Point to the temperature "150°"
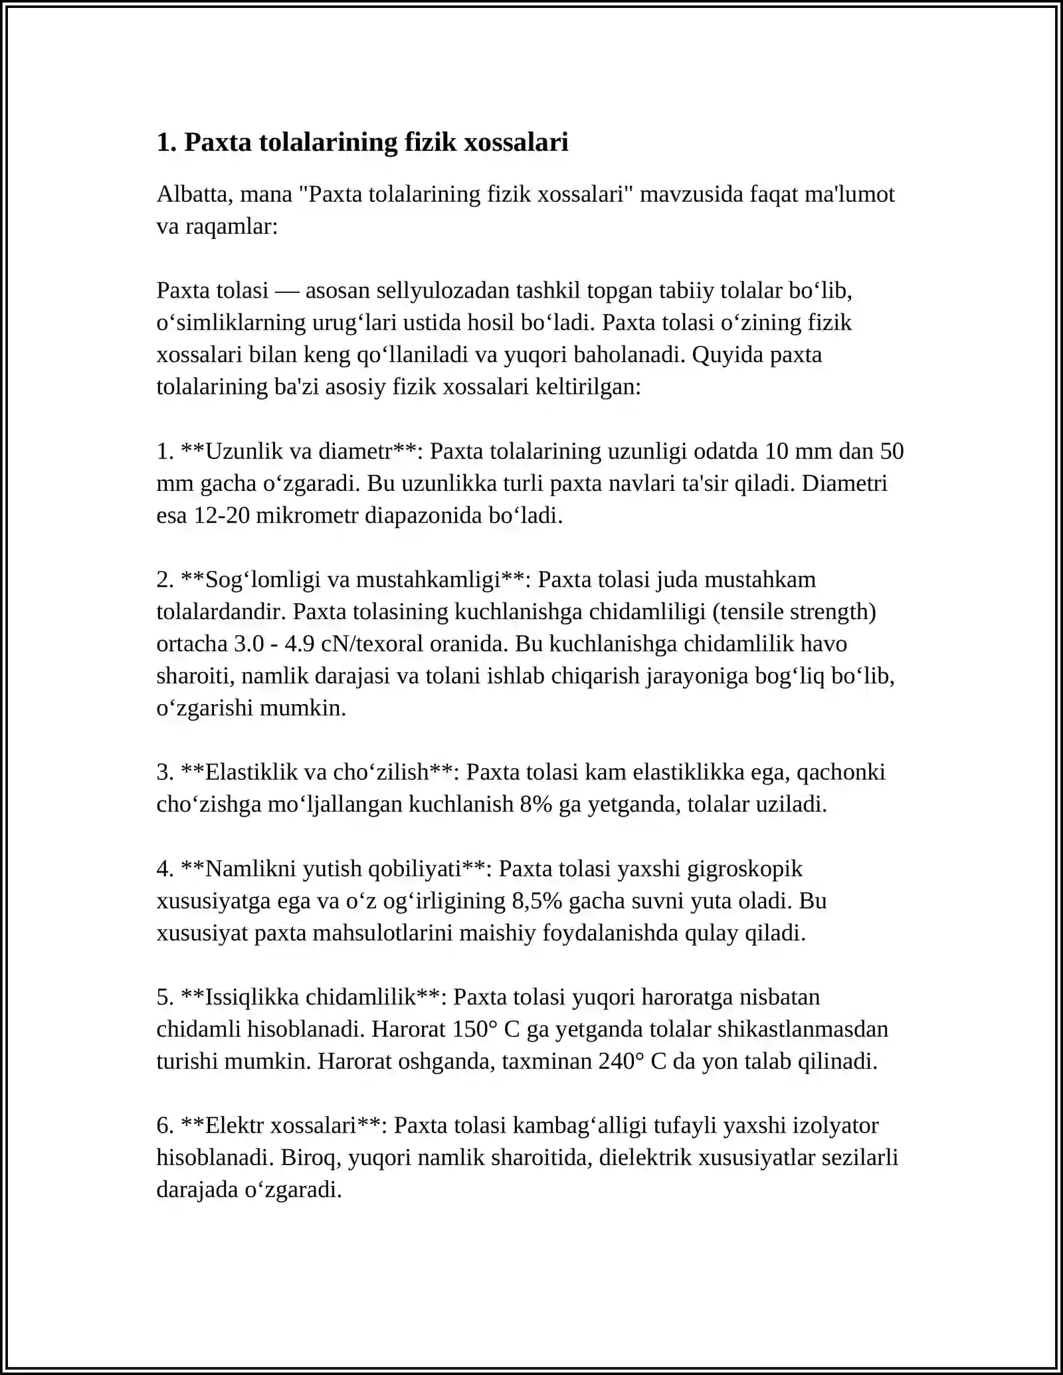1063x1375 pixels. (x=475, y=1029)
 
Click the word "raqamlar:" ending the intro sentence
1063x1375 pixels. (x=231, y=227)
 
